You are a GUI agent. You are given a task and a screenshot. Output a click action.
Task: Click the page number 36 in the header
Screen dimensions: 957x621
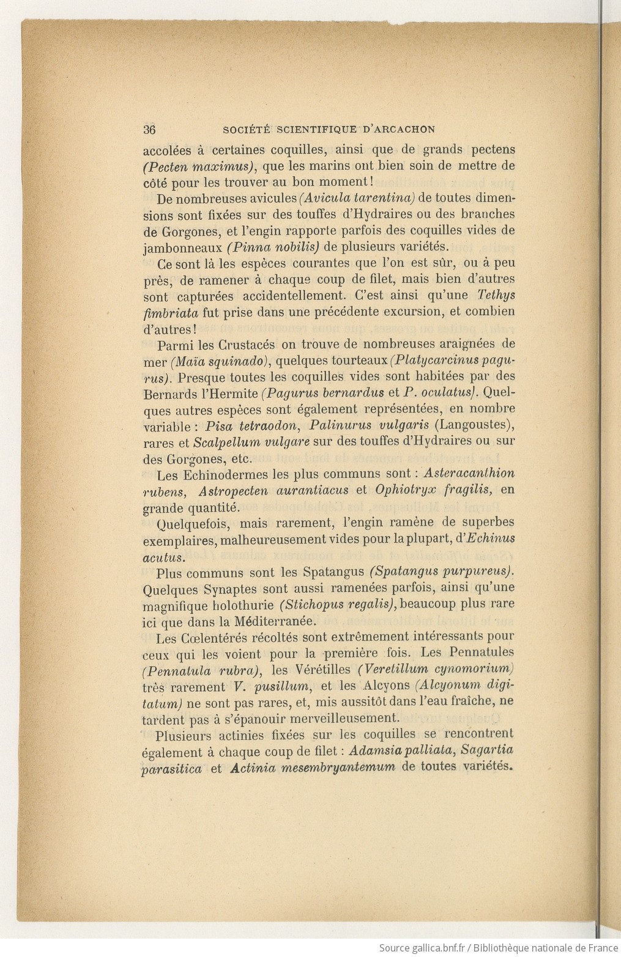click(149, 130)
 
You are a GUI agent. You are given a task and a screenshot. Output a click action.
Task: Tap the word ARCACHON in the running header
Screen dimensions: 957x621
click(405, 130)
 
